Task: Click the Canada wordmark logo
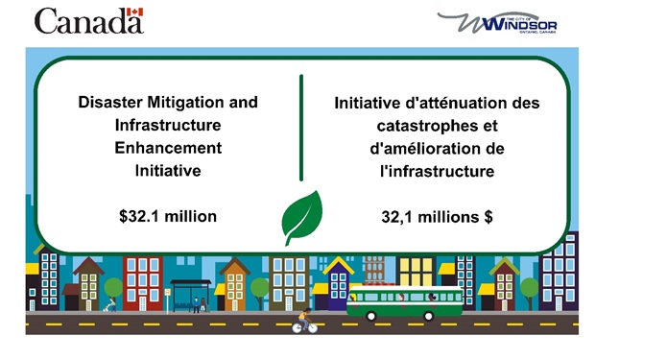tap(88, 20)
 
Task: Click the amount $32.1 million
tap(167, 215)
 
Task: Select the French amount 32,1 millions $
tap(437, 217)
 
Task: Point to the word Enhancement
tap(167, 148)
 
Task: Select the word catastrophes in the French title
tap(437, 126)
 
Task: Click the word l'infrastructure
tap(437, 172)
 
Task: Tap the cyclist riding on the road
tap(304, 322)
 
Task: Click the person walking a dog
tap(110, 305)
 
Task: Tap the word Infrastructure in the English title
tap(167, 125)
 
